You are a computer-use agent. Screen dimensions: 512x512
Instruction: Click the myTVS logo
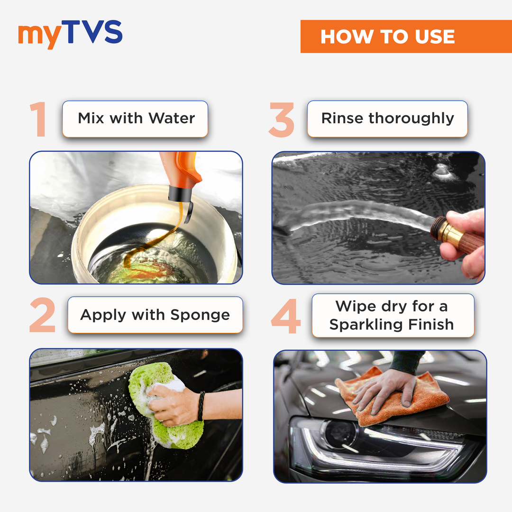point(70,34)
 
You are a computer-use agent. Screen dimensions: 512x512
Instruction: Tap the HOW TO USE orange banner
point(406,36)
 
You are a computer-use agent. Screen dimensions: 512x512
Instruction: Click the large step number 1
point(39,119)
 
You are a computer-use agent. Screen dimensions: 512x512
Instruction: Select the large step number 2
point(43,315)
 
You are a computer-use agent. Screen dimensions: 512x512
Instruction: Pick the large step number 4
point(286,316)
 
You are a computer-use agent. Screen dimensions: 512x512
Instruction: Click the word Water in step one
point(172,118)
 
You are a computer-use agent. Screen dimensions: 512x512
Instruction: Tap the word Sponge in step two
point(200,315)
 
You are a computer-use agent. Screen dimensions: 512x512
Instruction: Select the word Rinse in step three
point(342,118)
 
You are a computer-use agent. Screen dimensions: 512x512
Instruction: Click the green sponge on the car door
point(165,405)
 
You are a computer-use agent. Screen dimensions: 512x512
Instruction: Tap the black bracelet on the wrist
point(201,406)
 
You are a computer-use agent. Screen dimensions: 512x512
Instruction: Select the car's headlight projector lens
point(339,434)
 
